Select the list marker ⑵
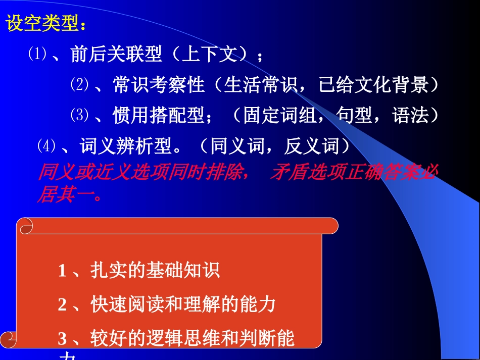point(79,85)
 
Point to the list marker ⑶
point(79,116)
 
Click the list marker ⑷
point(46,146)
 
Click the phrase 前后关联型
point(116,55)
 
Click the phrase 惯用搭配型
point(159,116)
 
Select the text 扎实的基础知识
point(155,271)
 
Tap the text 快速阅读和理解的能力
point(183,304)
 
